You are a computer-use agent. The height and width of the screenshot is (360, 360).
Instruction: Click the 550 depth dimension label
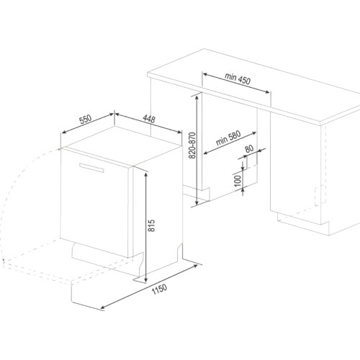point(86,120)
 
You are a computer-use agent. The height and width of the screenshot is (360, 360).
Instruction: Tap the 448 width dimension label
point(149,119)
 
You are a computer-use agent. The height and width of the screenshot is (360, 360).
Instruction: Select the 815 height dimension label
point(152,225)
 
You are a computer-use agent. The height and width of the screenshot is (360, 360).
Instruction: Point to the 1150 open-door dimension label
point(159,289)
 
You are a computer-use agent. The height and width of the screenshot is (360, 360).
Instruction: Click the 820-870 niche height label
point(193,145)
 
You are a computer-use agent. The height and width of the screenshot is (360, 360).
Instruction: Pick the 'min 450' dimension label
point(238,78)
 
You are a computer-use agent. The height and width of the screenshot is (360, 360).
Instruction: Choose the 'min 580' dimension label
point(228,138)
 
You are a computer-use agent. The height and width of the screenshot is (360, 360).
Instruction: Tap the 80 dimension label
point(249,148)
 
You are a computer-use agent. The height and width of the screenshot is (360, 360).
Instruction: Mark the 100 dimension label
point(237,181)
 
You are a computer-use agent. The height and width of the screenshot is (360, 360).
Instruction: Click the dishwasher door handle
point(91,167)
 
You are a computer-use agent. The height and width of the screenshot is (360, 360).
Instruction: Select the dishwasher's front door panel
point(95,203)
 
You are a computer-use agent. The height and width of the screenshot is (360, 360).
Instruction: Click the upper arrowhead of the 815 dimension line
point(145,174)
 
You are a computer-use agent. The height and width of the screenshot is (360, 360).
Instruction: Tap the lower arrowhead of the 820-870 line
point(197,203)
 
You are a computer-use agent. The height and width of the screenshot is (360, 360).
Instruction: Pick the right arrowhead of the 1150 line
point(195,266)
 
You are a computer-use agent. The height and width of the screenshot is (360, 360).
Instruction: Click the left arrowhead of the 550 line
point(64,132)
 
